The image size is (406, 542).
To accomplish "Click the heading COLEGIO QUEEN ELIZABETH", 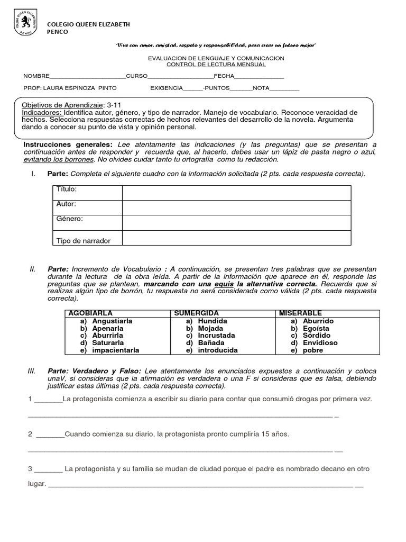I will [89, 24].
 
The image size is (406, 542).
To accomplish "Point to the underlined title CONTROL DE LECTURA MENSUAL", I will [216, 65].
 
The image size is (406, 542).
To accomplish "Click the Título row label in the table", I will [67, 189].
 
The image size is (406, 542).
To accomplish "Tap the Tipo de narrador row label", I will [84, 241].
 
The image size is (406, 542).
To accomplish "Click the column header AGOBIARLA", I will [90, 313].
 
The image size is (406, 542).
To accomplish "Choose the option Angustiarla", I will [112, 321].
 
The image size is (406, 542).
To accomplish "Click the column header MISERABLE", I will [300, 313].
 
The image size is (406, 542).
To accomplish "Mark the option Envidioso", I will [320, 343].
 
